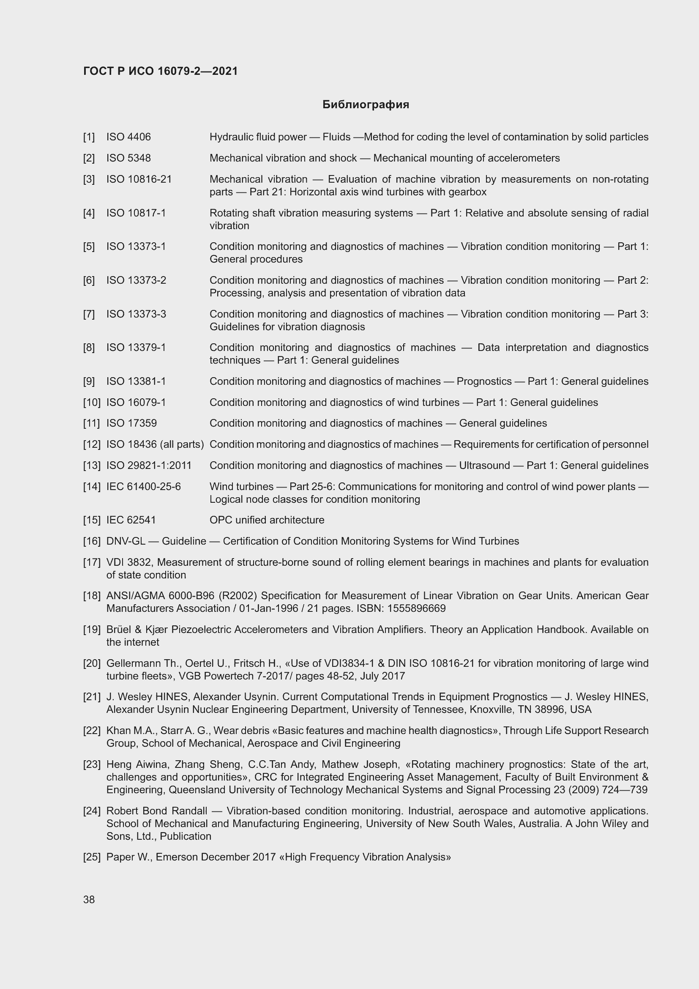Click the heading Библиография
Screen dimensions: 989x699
366,105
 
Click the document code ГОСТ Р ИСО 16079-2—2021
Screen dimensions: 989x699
161,71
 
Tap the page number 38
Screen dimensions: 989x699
89,899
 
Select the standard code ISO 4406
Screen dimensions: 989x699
129,137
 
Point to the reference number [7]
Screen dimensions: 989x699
89,314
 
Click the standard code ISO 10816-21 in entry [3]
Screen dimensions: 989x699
139,179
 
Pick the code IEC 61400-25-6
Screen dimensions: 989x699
143,487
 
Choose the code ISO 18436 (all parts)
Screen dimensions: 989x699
155,444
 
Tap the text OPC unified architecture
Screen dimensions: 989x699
267,520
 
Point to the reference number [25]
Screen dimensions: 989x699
92,857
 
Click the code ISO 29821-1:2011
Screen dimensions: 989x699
149,466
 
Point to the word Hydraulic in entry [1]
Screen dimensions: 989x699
229,137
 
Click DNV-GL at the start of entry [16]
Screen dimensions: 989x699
126,541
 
